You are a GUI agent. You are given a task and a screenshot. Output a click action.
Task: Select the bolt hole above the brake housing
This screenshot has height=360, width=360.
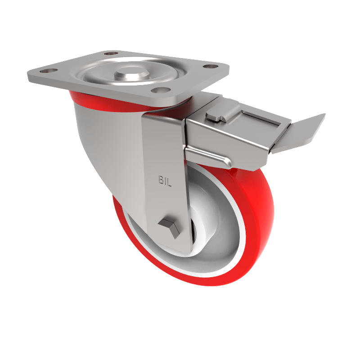pyautogui.click(x=207, y=67)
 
